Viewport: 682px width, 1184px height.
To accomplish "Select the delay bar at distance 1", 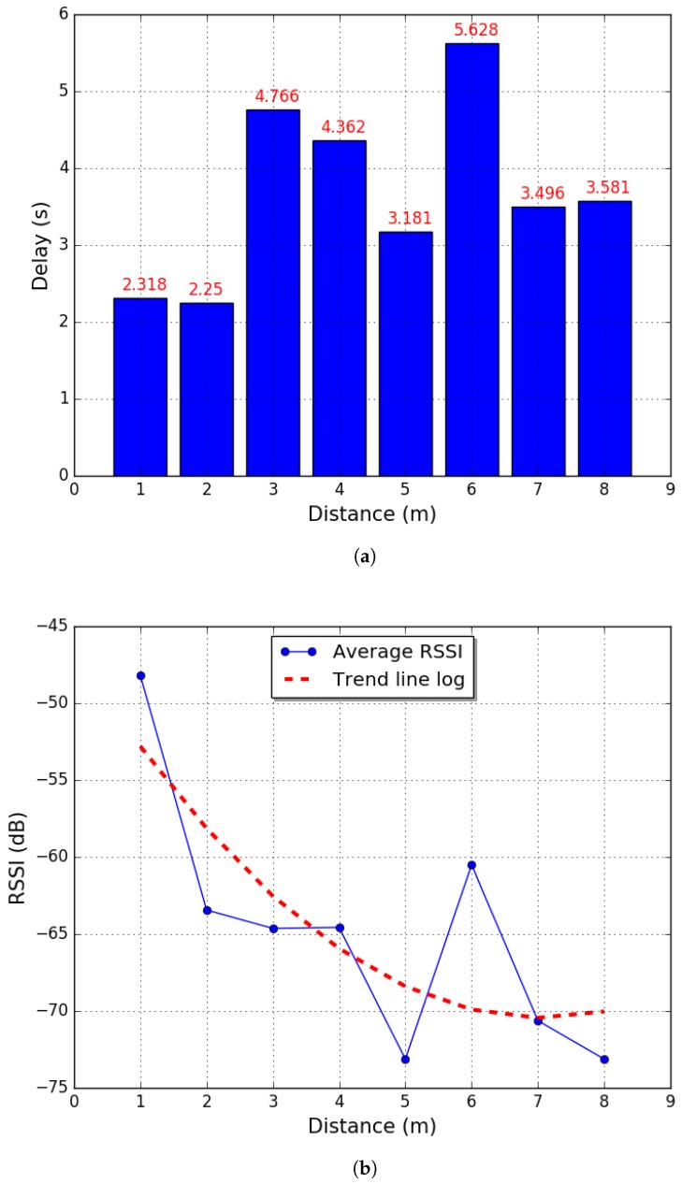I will [140, 386].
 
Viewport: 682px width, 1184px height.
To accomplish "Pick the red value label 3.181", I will [405, 219].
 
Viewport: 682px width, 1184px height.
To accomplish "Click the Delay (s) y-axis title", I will [39, 245].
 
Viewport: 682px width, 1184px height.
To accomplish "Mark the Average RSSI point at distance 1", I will [140, 675].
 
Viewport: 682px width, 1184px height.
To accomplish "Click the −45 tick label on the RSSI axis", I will [51, 626].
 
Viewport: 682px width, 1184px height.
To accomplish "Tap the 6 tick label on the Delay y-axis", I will [62, 15].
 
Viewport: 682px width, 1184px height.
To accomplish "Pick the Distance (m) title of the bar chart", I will [372, 513].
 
